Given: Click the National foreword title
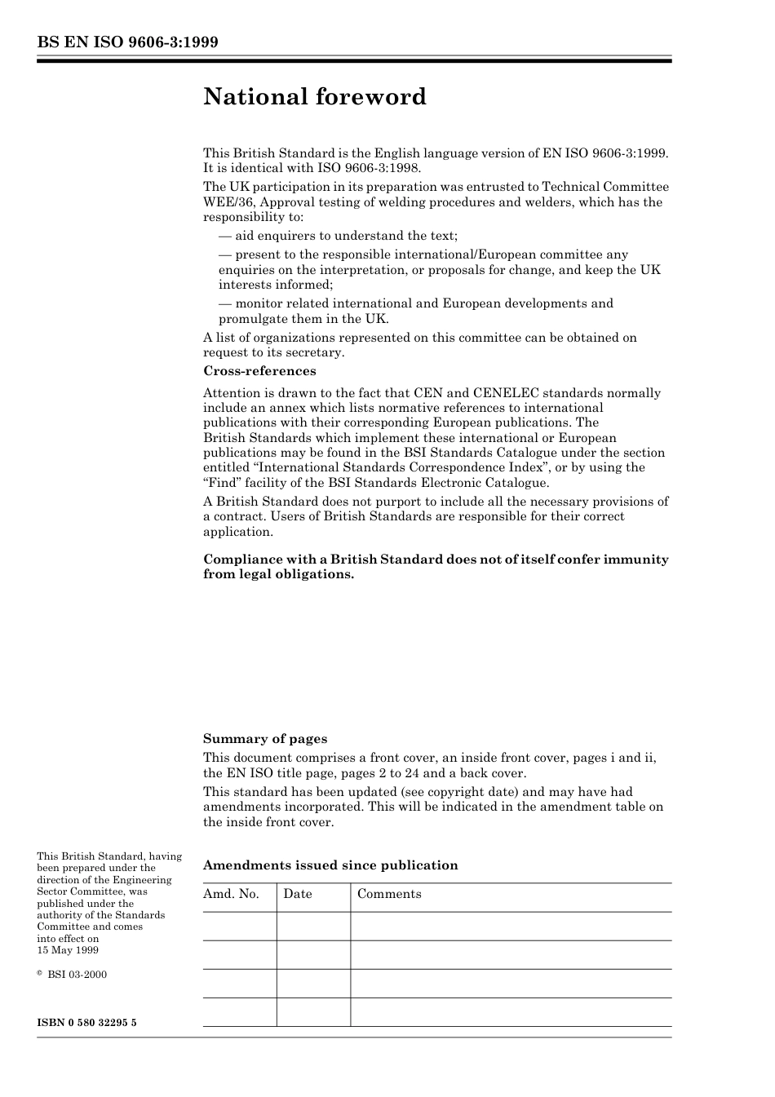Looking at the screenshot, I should [x=315, y=97].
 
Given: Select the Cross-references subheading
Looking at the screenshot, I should [x=259, y=371].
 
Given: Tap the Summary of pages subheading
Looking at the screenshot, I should [x=265, y=739].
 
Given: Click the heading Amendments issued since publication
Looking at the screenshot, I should [x=330, y=865].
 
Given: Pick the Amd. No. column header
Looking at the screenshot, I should [x=231, y=894].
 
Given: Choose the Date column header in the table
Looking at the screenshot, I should [x=298, y=894].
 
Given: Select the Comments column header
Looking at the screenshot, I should [x=389, y=894].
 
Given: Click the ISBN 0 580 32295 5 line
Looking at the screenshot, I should [x=86, y=1022].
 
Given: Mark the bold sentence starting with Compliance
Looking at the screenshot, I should [x=436, y=567].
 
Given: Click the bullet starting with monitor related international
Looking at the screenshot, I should [x=415, y=311].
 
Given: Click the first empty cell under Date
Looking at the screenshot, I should [x=313, y=927].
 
